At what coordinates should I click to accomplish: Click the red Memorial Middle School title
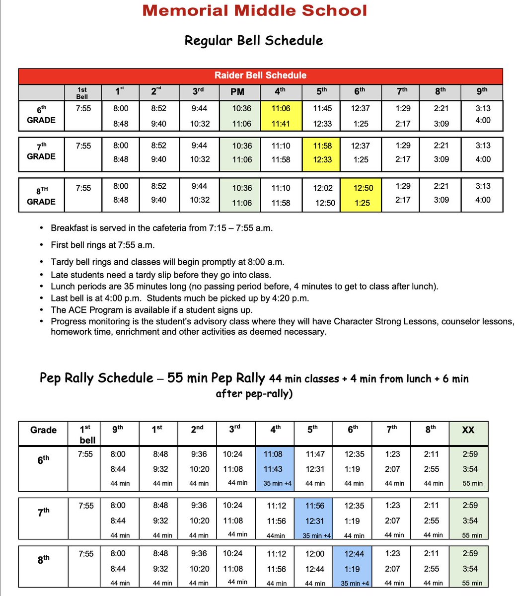click(x=254, y=10)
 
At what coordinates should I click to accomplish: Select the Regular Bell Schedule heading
click(x=253, y=40)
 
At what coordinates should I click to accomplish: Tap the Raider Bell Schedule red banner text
click(x=260, y=75)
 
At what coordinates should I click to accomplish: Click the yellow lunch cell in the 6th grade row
click(x=281, y=116)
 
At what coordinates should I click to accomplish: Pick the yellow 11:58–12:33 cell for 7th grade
click(x=322, y=152)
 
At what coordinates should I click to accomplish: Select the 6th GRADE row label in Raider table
click(x=41, y=115)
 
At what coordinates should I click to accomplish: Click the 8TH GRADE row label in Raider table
click(x=41, y=196)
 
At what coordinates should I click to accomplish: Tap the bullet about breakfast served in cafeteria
click(x=161, y=228)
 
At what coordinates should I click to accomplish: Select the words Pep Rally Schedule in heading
click(x=96, y=378)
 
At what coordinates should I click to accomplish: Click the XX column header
click(x=468, y=430)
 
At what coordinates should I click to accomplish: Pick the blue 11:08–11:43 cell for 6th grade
click(x=275, y=468)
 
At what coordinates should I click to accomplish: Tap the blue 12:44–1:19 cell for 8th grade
click(x=355, y=568)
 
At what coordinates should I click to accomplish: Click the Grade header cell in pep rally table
click(x=43, y=430)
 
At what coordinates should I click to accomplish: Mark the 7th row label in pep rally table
click(x=43, y=513)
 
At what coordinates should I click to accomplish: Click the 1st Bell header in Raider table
click(x=82, y=93)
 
